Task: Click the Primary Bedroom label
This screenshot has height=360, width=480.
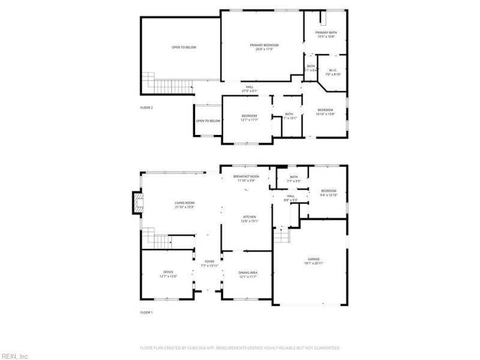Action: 261,47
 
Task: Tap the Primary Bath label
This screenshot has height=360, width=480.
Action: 326,34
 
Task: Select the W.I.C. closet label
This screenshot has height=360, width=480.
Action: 333,72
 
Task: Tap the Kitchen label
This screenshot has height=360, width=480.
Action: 250,218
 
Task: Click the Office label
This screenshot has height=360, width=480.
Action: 168,274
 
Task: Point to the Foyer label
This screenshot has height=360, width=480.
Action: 209,263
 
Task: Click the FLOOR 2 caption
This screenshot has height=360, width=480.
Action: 147,108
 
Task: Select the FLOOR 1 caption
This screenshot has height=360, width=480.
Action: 147,313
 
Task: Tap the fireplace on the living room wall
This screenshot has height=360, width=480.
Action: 137,203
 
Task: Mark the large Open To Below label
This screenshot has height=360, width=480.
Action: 184,47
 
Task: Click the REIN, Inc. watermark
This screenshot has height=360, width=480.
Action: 15,356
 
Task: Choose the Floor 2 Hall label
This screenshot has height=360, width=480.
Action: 249,89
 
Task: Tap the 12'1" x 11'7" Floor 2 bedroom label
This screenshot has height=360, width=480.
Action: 249,118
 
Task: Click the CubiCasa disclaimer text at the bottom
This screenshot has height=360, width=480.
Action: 240,347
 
